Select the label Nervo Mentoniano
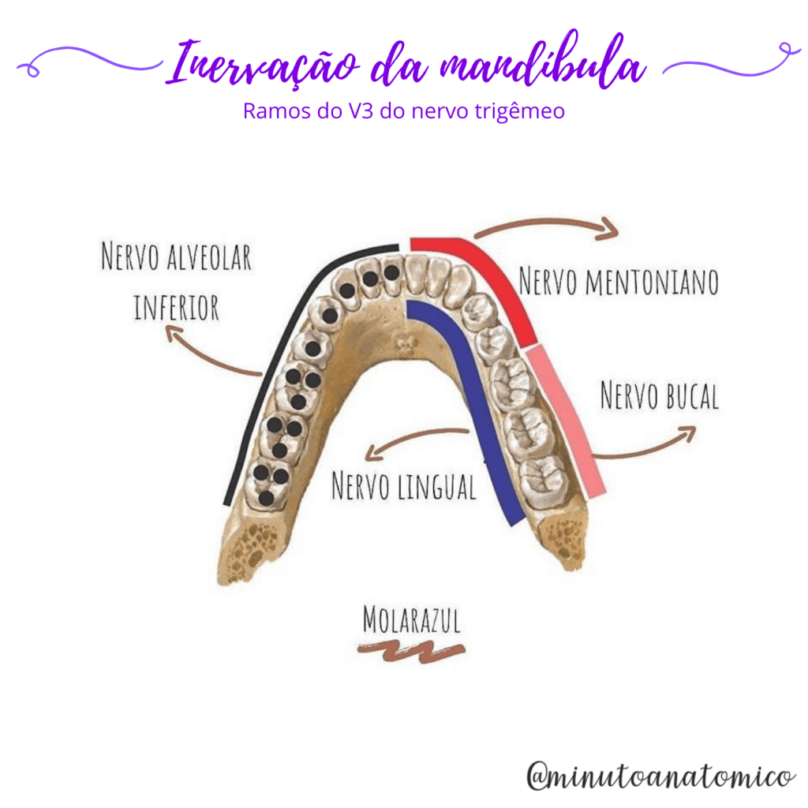(619, 281)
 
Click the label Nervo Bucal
(660, 395)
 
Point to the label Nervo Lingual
(403, 486)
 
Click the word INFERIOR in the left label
(176, 307)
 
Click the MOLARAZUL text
(410, 620)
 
